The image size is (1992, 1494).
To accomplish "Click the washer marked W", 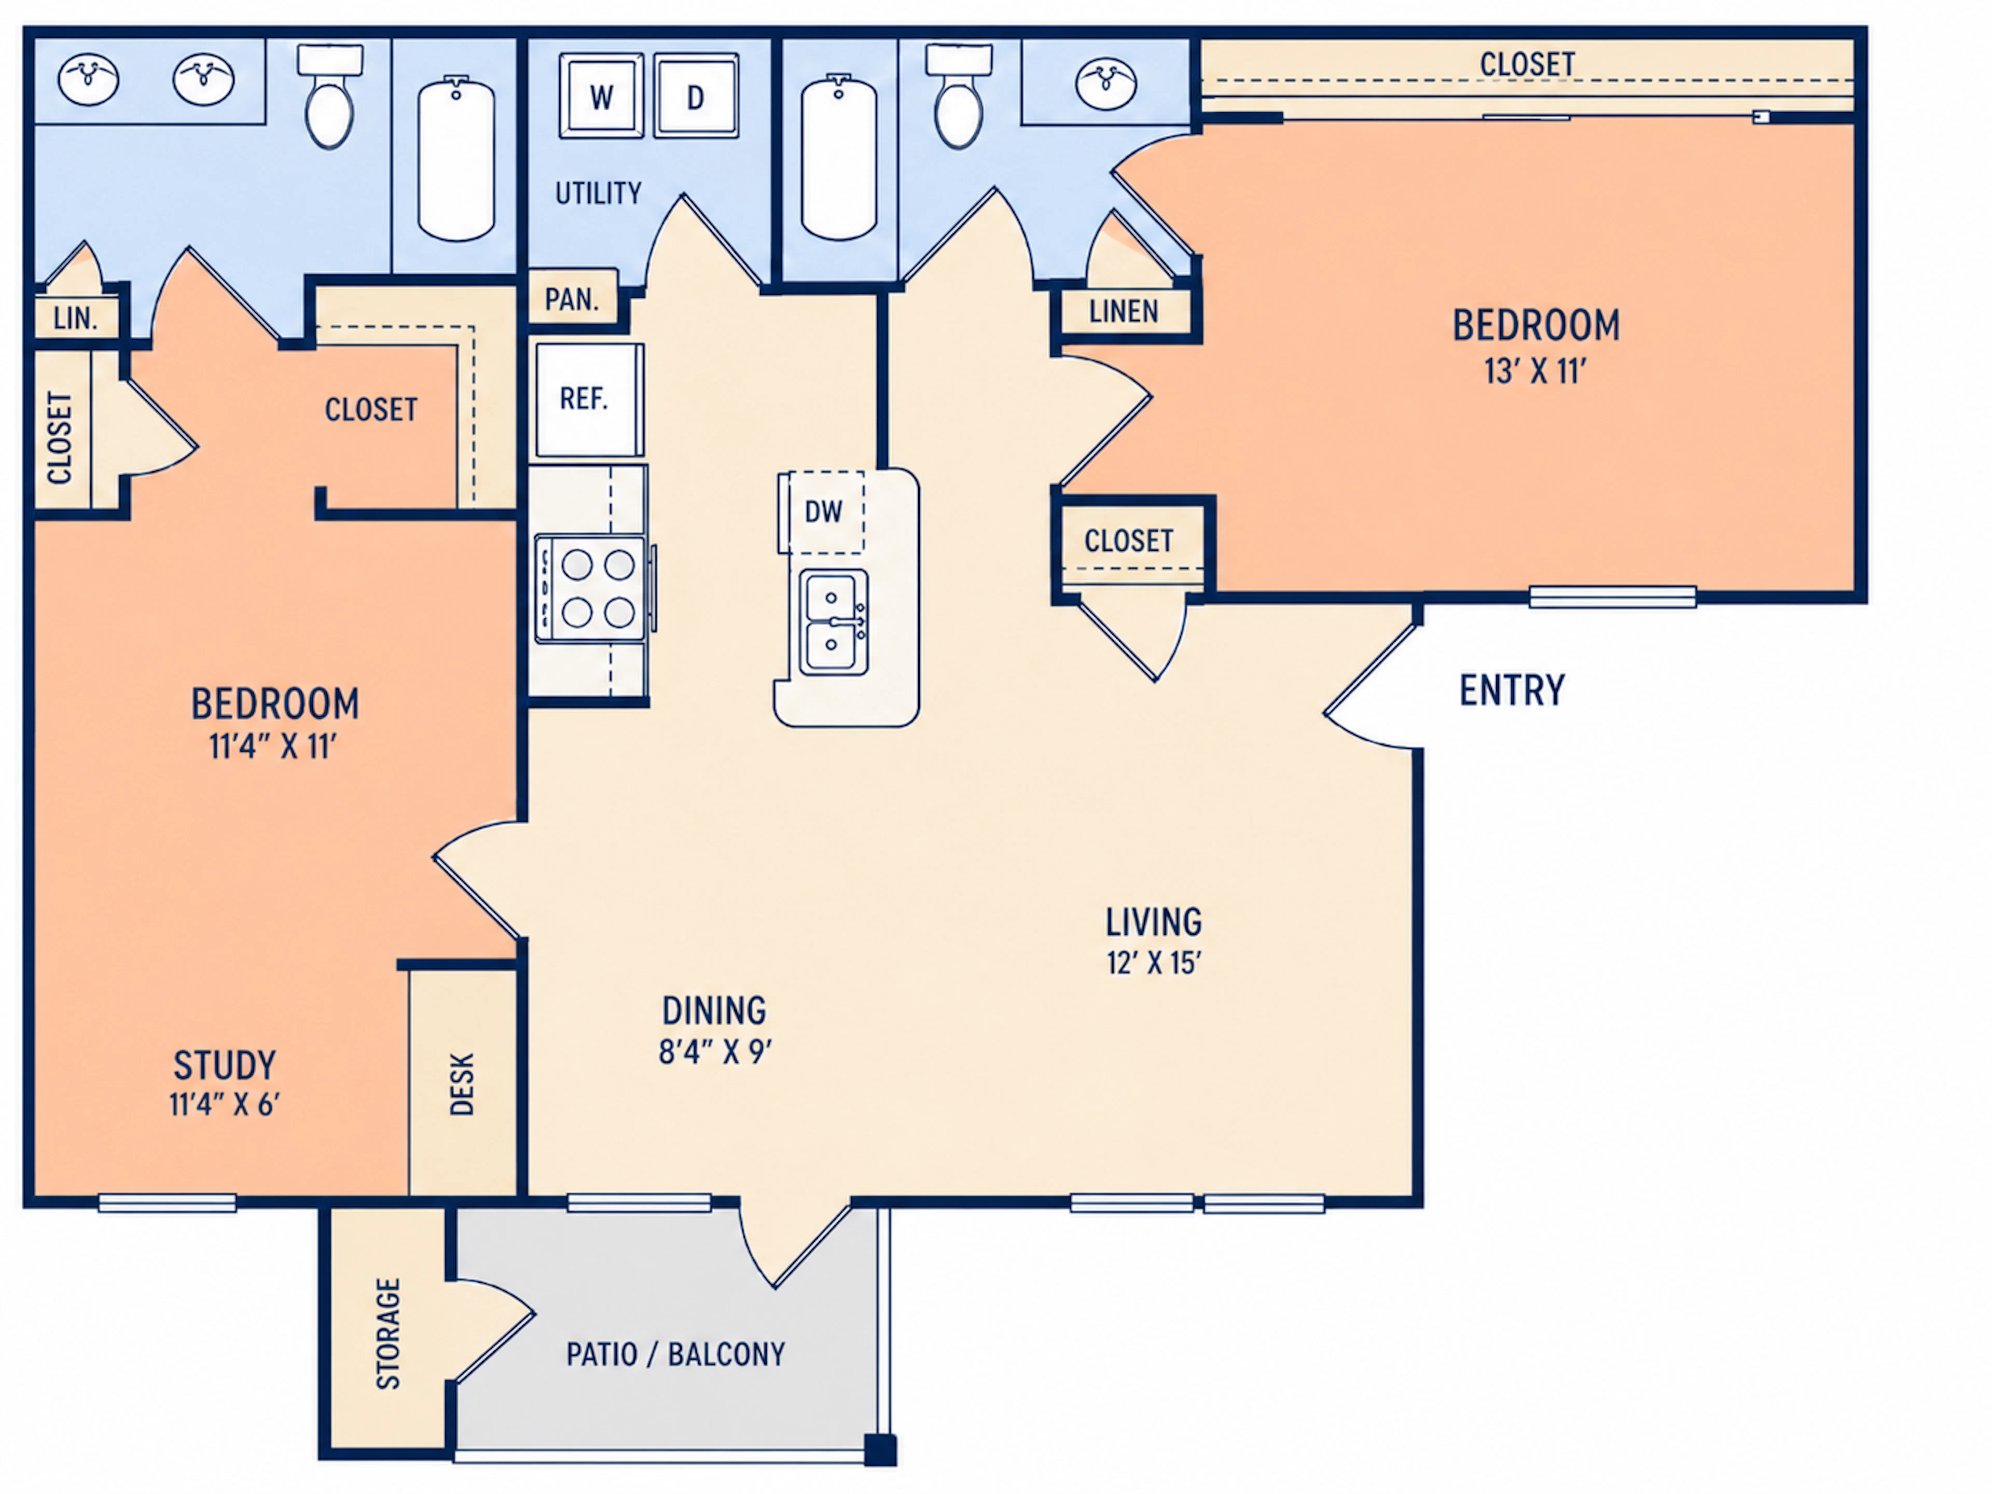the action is (602, 95).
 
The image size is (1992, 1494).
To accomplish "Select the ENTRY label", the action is (1512, 691).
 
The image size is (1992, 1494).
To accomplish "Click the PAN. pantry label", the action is (572, 299).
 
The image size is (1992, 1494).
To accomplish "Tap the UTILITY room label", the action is (598, 193).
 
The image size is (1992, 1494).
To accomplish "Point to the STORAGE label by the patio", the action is (388, 1334).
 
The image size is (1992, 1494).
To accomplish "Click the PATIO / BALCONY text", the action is (675, 1354).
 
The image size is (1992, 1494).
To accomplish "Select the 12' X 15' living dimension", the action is (1154, 963).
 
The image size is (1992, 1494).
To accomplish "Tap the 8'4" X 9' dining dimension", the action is (715, 1051).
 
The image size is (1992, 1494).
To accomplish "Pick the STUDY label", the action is (225, 1066).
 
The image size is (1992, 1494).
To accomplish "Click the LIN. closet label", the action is (76, 318).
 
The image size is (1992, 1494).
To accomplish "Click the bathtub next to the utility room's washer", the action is (457, 159).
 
